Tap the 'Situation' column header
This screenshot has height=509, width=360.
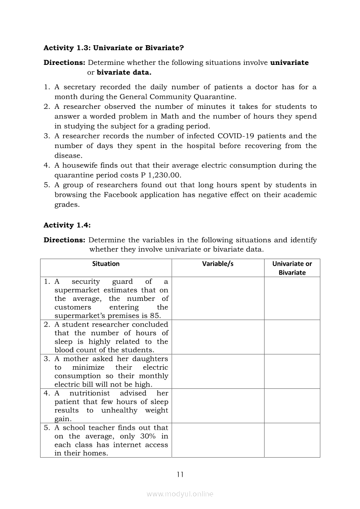[106, 264]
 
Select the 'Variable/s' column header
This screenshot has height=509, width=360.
[218, 264]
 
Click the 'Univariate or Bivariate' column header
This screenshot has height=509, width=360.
[292, 268]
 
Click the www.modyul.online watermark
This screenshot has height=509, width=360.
[180, 494]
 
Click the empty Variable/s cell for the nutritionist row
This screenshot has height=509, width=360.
[218, 406]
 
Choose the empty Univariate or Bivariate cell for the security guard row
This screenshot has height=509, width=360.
[292, 299]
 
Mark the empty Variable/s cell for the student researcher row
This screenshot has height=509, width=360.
[218, 337]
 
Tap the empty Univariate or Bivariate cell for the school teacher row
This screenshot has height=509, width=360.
[292, 440]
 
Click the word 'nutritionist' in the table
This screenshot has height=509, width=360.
[90, 393]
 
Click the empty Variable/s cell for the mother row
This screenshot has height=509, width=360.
[218, 371]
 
